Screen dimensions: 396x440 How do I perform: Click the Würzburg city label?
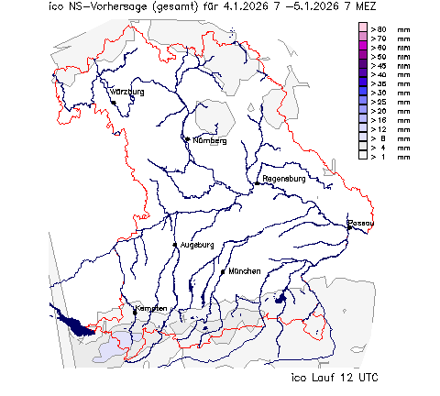point(127,93)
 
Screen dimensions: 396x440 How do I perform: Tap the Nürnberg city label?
point(209,141)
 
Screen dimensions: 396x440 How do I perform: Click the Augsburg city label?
point(197,245)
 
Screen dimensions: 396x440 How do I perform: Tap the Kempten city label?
point(151,308)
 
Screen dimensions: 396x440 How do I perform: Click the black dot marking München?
point(223,271)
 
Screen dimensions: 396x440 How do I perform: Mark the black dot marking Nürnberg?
point(187,139)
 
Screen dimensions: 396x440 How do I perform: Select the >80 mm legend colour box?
point(363,29)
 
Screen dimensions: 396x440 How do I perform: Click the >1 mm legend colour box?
point(363,156)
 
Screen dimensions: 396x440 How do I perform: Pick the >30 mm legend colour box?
point(363,93)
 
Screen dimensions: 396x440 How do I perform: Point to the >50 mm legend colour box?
point(363,57)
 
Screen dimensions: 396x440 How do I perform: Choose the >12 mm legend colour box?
point(363,128)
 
